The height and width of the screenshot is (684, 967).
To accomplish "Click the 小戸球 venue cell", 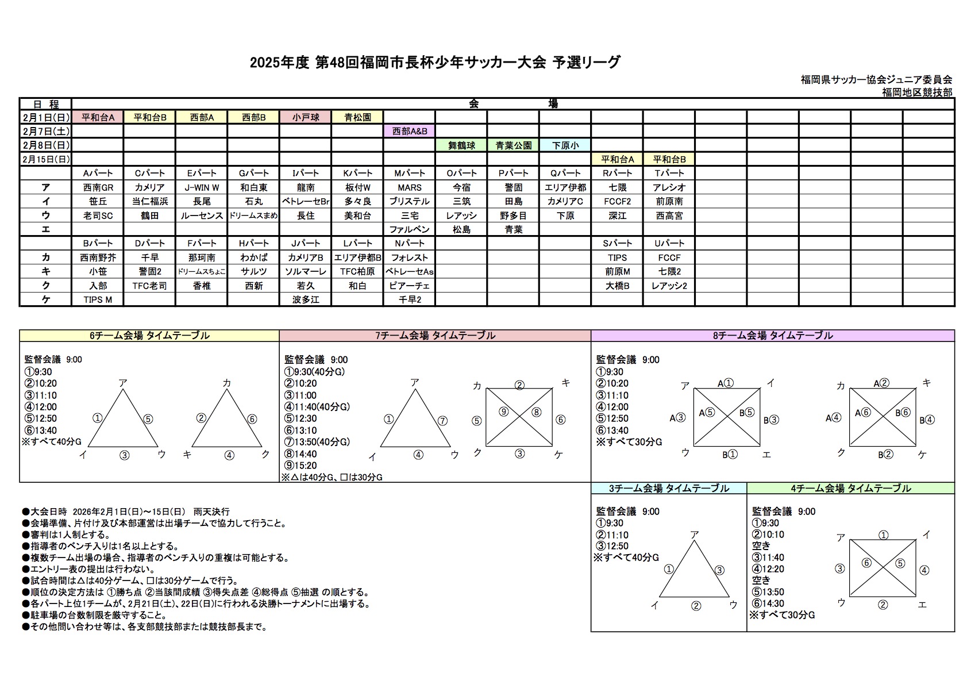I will [x=305, y=117].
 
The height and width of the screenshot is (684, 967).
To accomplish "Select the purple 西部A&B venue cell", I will [x=409, y=131].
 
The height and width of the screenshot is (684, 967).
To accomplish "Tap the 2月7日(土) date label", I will [x=45, y=131].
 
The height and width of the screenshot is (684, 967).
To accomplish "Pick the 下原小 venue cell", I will [x=565, y=145].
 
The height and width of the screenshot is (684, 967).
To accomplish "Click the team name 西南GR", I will [x=98, y=187].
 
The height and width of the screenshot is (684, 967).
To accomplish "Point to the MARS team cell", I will [x=409, y=187].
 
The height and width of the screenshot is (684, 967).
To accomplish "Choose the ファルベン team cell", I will [x=409, y=229].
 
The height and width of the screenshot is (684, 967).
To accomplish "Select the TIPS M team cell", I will [x=98, y=299].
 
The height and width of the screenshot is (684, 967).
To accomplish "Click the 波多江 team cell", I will [x=305, y=299].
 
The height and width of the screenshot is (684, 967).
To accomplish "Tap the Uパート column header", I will [x=669, y=243].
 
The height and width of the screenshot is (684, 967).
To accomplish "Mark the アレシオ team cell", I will [x=669, y=187].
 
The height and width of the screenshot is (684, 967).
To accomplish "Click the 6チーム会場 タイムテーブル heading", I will [x=149, y=336].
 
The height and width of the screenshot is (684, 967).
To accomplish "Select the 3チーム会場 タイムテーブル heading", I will [x=669, y=489].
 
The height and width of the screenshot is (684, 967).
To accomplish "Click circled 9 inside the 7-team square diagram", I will [x=503, y=412].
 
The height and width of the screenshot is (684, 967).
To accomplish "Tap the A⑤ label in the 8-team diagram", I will [x=707, y=412].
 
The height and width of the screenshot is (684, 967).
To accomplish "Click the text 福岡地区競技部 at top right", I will [x=916, y=92].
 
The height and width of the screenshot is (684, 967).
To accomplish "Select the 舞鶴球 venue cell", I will [x=461, y=145].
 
